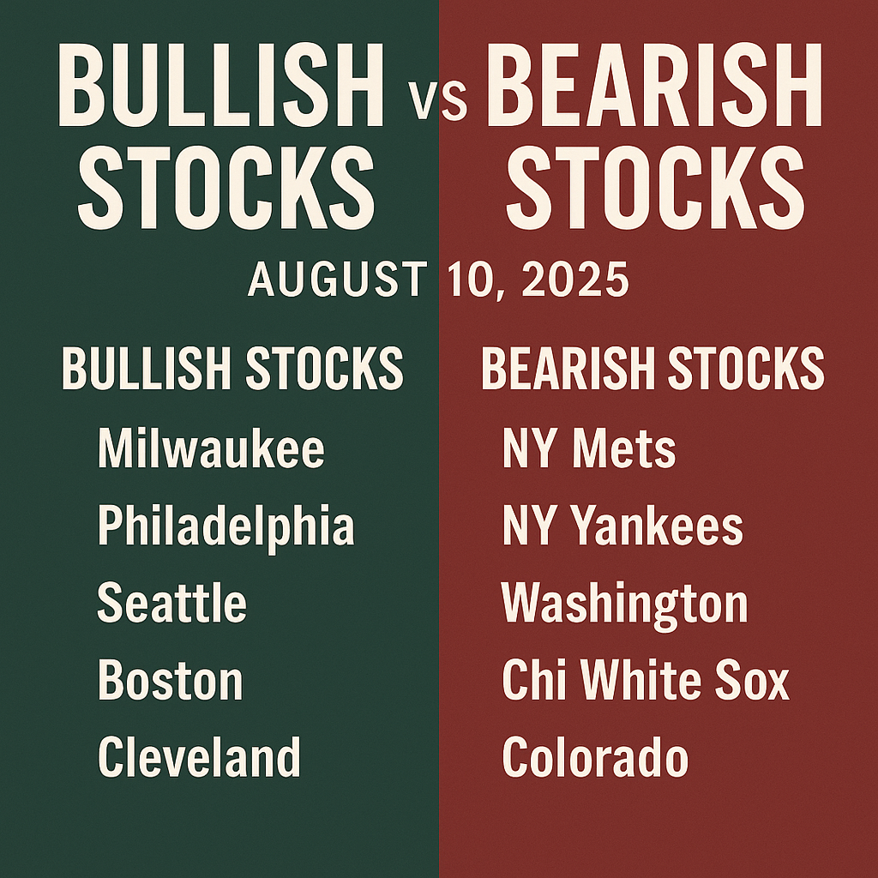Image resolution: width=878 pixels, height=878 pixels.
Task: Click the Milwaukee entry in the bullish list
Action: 211,449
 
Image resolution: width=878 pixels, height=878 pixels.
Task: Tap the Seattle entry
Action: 171,603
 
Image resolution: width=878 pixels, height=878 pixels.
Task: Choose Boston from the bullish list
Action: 171,680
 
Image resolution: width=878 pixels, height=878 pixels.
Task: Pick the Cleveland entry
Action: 199,757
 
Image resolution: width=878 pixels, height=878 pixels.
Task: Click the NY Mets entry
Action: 589,449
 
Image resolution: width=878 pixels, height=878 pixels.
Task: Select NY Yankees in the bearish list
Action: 622,526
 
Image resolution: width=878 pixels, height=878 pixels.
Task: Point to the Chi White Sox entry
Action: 646,680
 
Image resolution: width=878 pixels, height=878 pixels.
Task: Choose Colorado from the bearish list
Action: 595,757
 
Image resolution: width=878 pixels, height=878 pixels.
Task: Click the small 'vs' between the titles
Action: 437,101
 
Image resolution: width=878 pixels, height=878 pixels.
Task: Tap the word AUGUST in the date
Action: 338,279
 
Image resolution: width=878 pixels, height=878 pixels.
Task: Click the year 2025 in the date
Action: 575,279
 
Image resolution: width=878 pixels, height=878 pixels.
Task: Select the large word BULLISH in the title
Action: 221,85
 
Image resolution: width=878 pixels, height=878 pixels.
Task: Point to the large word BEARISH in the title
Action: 654,85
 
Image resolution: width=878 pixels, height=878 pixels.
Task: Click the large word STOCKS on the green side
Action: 226,187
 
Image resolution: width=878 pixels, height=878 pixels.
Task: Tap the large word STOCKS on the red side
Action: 655,187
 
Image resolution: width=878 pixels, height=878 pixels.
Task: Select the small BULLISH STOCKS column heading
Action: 232,368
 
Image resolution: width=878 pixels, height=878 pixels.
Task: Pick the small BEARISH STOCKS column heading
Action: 652,368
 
